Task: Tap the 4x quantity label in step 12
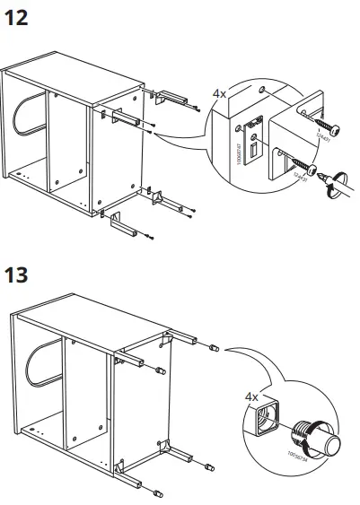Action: click(219, 92)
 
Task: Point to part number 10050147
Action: click(240, 154)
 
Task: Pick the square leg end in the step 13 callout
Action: click(267, 418)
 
